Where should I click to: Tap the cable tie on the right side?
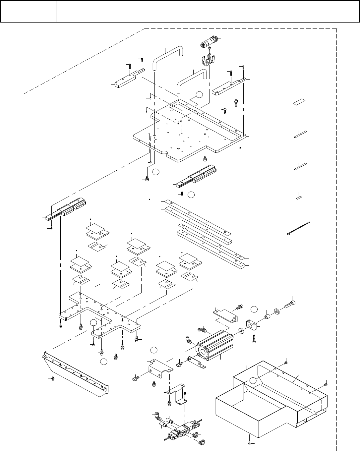298,228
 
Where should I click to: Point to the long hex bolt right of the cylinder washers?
289,303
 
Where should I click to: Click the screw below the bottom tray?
249,442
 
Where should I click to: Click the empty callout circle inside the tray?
254,381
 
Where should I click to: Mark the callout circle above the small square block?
254,310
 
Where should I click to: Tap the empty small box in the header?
28,11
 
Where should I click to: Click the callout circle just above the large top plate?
199,95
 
